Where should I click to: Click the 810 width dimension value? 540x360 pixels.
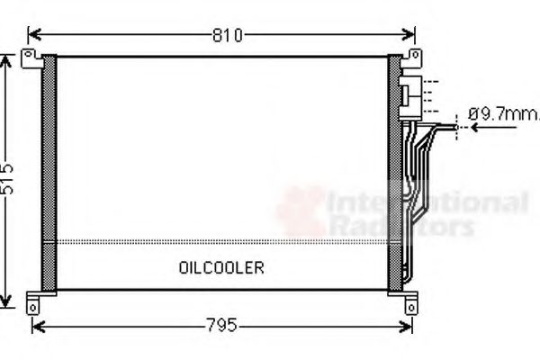tap(227, 35)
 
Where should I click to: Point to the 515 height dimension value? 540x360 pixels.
tap(9, 180)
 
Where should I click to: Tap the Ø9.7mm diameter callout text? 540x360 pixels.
tap(500, 114)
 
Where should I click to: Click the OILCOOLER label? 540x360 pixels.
tap(221, 268)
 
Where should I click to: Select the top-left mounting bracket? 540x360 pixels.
tap(32, 59)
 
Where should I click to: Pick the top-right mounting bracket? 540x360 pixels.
tap(412, 59)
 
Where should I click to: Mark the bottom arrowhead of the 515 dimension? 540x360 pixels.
tap(9, 301)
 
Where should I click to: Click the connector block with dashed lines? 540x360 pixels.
tap(410, 93)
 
